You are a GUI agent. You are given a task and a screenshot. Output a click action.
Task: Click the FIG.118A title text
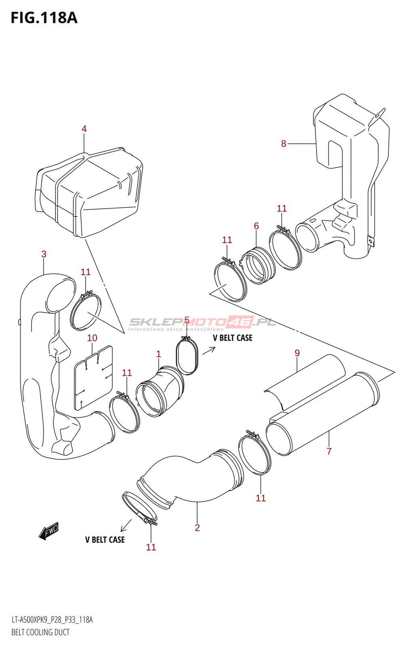pos(44,18)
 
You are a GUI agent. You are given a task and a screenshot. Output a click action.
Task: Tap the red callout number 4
pos(84,129)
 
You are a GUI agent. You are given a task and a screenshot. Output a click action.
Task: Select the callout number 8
pos(283,144)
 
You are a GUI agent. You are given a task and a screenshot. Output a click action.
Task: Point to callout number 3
pos(44,254)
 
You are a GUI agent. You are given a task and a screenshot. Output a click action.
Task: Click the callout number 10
pos(92,338)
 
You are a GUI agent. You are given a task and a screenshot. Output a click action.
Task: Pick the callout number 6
pos(256,226)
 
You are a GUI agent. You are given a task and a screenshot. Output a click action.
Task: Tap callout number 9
pos(297,353)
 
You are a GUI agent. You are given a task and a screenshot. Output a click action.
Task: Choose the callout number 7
pos(329,451)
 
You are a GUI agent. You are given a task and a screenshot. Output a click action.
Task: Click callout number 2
pos(197,528)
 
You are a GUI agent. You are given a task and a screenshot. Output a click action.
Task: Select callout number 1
pos(159,354)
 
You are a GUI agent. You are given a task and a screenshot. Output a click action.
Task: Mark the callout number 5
pos(187,321)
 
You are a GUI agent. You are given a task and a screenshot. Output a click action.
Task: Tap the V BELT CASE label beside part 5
pos(233,338)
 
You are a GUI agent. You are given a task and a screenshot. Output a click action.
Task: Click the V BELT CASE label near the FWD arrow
pos(105,540)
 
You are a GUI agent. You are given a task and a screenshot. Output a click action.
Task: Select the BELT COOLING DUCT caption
pos(40,632)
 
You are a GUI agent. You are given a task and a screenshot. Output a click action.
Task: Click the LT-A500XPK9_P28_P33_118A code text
pos(52,620)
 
